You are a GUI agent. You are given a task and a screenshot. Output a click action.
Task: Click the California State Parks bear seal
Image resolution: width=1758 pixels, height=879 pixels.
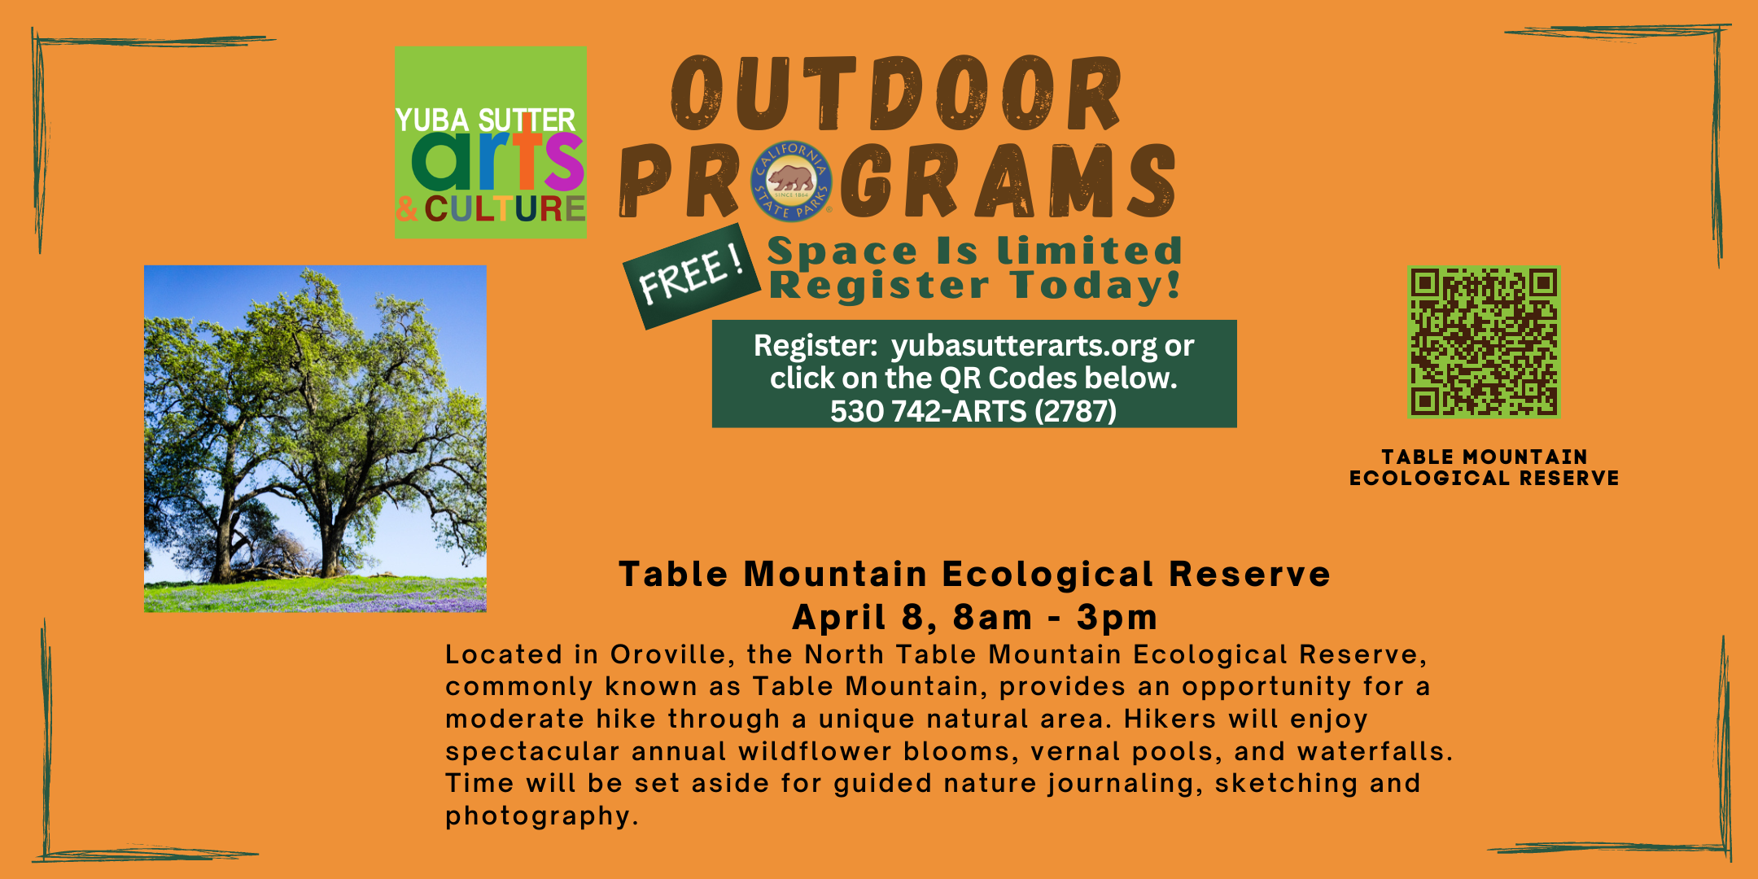click(x=791, y=181)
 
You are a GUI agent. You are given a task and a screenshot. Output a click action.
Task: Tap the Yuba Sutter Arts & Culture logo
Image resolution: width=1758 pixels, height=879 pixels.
click(x=491, y=142)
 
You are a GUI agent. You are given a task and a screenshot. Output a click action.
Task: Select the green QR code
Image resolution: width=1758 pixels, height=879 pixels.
click(x=1484, y=342)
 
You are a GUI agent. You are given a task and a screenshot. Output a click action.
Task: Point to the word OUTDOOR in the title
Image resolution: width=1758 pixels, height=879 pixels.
click(x=896, y=94)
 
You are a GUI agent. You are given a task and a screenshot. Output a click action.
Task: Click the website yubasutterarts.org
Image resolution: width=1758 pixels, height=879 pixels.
click(x=1024, y=346)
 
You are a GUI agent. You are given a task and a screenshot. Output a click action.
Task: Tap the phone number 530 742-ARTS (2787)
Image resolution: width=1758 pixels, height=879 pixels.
click(x=973, y=411)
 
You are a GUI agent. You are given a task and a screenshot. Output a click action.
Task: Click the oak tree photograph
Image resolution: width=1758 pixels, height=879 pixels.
click(x=315, y=439)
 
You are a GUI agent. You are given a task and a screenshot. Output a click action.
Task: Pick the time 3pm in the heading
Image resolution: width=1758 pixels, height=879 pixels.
click(x=1117, y=618)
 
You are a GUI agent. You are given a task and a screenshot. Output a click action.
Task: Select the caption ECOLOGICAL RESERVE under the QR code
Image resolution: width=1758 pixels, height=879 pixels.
click(x=1485, y=478)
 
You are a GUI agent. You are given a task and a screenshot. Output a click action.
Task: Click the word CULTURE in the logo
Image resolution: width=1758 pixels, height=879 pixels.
click(x=505, y=209)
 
